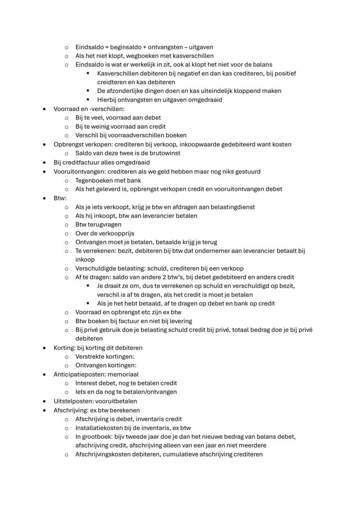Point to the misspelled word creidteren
click(114, 82)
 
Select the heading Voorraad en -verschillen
click(83, 109)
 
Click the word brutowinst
click(165, 153)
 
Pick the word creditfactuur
click(80, 162)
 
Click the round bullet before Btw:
click(44, 198)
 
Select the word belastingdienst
click(233, 206)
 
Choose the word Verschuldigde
click(97, 268)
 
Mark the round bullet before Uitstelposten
click(44, 401)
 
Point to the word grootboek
click(97, 436)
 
